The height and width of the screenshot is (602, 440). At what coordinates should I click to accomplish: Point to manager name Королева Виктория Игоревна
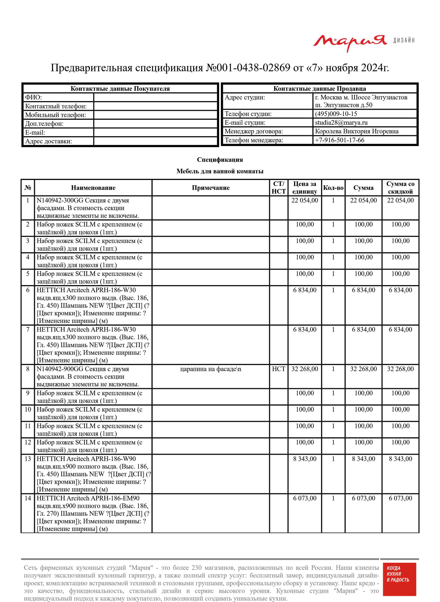(x=357, y=131)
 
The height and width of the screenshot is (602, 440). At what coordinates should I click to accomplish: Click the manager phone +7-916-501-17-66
(x=340, y=140)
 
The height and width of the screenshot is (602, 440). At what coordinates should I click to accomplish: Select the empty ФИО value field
(x=156, y=97)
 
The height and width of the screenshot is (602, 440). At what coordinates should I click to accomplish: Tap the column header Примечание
(x=211, y=188)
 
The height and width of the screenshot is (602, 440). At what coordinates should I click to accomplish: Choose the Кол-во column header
(x=333, y=188)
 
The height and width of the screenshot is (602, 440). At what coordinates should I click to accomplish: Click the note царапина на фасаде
(x=210, y=369)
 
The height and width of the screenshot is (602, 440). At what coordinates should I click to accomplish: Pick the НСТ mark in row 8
(x=279, y=369)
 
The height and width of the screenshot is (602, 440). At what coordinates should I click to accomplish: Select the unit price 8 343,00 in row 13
(x=305, y=459)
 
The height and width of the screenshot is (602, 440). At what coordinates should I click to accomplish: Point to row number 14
(x=28, y=498)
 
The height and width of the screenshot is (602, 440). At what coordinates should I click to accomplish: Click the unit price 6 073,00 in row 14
(x=305, y=498)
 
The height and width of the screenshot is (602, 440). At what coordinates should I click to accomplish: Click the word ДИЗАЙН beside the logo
(x=404, y=41)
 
